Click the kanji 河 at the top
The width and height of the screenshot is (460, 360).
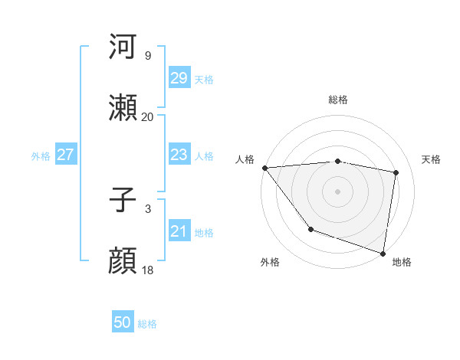[x=123, y=47]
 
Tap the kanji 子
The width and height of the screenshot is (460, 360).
[x=123, y=201]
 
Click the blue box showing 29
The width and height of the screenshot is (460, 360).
[x=179, y=78]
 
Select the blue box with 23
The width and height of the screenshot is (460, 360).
[x=179, y=155]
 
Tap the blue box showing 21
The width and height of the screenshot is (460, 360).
[x=179, y=232]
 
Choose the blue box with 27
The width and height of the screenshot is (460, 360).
[x=66, y=155]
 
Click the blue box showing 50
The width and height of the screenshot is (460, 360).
[x=123, y=323]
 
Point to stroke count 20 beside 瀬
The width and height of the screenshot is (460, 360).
[x=147, y=117]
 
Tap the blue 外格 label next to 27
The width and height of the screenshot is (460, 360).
[x=41, y=155]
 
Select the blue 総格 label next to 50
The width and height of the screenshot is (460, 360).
[x=147, y=324]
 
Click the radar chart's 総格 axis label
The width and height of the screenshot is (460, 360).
[x=337, y=100]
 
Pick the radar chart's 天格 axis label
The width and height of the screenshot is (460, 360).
[x=432, y=159]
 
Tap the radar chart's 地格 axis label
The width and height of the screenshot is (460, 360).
[x=402, y=262]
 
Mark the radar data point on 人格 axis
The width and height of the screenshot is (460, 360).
[x=264, y=168]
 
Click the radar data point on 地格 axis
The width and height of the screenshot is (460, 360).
[x=383, y=252]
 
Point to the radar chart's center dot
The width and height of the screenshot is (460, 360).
[x=337, y=191]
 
